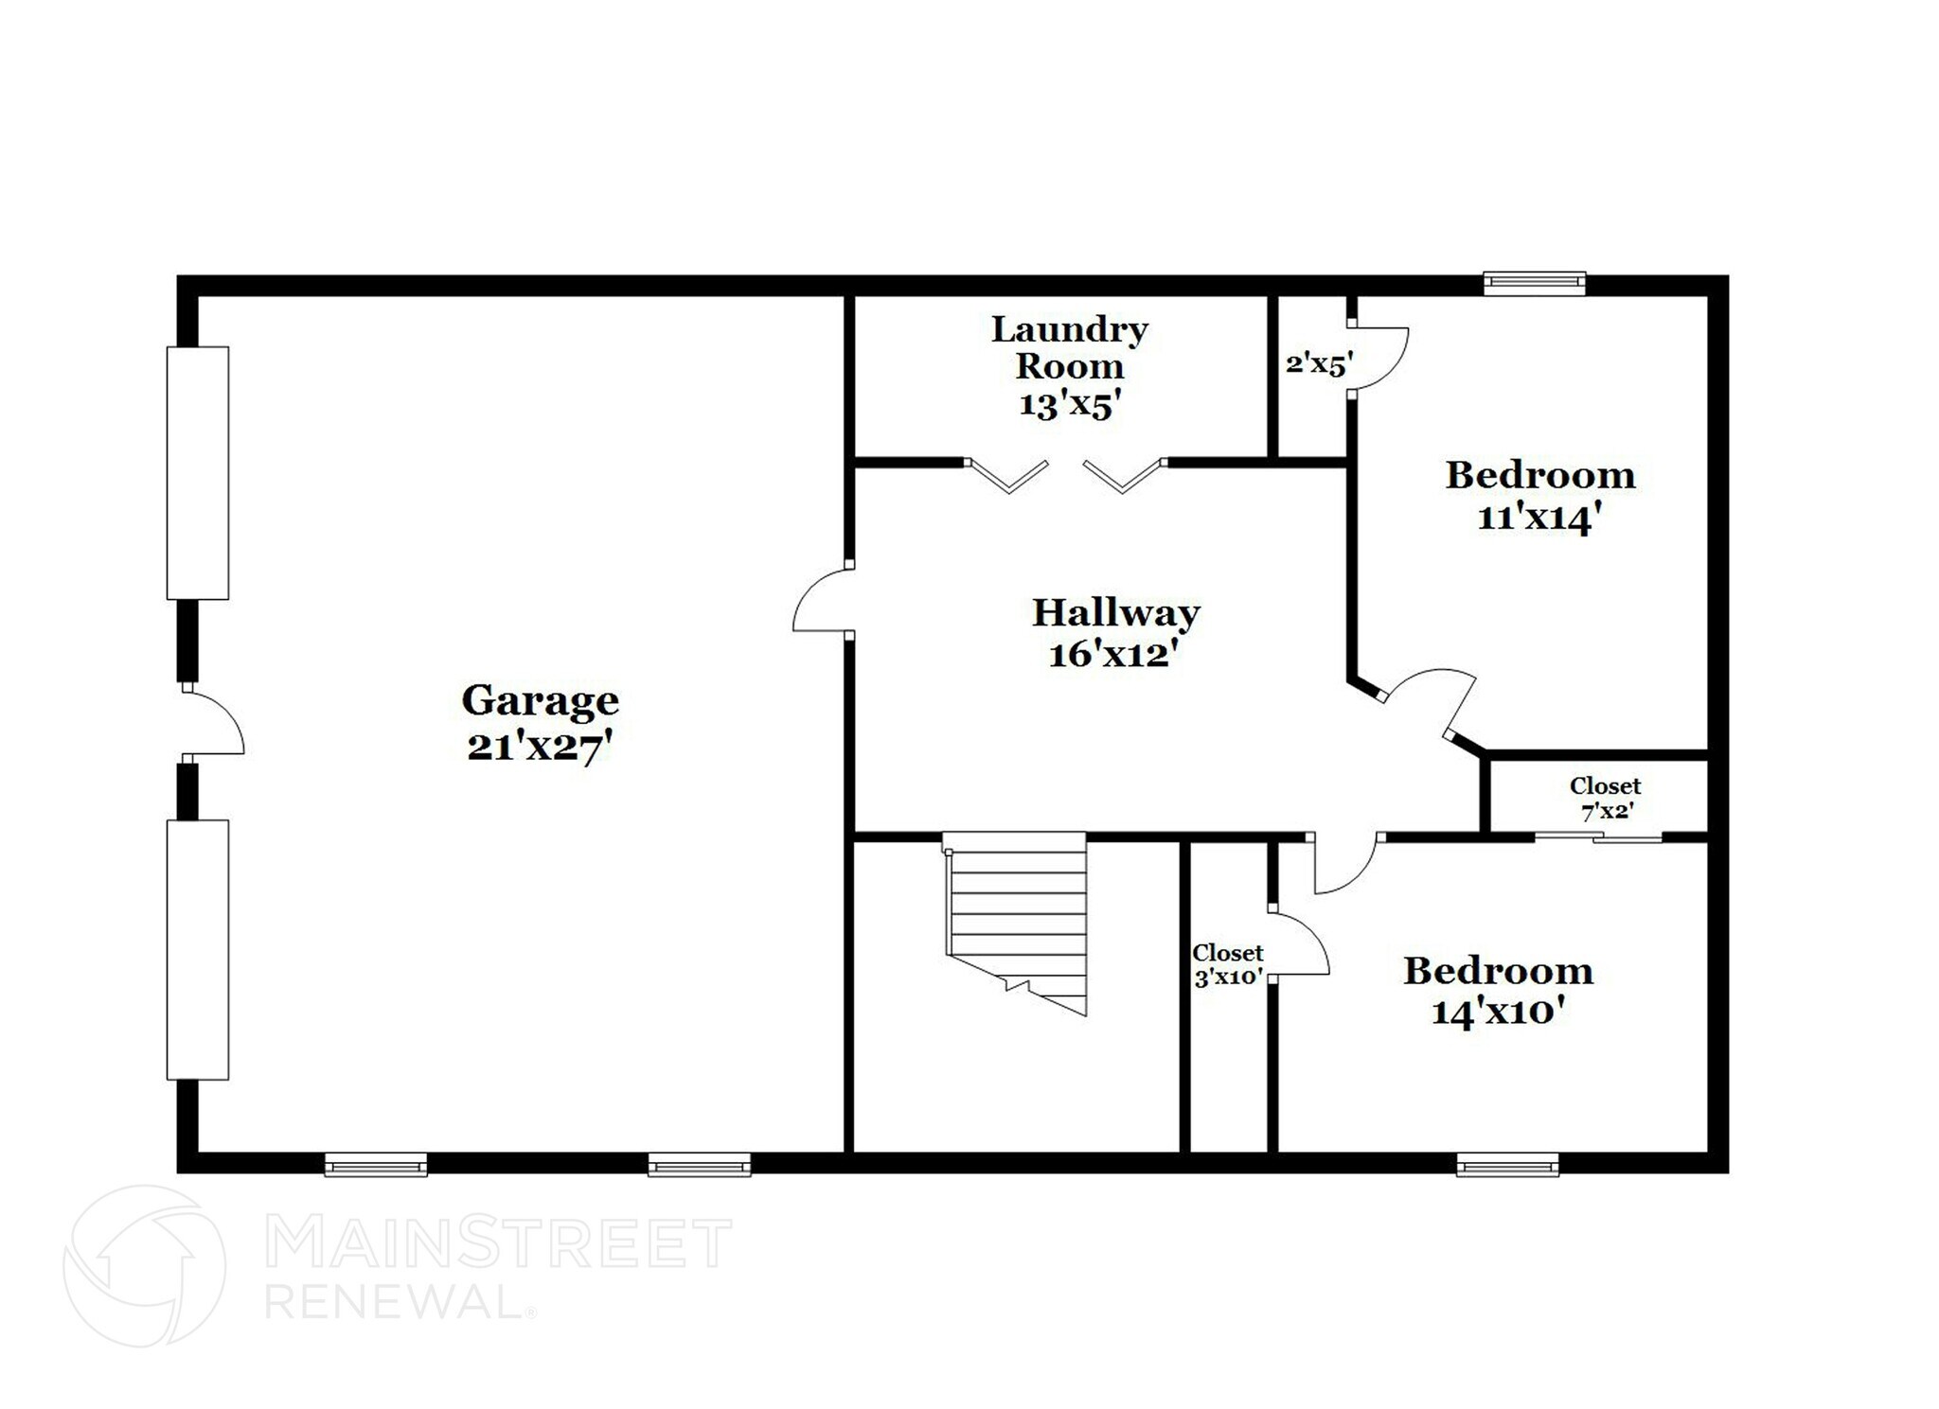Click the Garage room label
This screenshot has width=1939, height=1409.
tap(540, 701)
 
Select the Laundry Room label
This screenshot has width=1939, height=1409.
tap(1070, 347)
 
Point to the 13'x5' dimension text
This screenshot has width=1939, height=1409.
tap(1070, 405)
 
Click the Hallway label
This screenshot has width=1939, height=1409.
tap(1115, 612)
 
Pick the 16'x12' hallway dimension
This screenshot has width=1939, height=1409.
tap(1113, 654)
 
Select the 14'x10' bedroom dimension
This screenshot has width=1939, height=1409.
tap(1497, 1013)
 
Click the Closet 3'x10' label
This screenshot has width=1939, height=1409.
tap(1228, 965)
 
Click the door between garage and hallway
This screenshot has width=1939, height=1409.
tap(821, 600)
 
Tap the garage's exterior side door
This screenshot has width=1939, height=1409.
tap(213, 722)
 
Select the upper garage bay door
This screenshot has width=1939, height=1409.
tap(198, 473)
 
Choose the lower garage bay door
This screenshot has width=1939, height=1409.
tap(198, 949)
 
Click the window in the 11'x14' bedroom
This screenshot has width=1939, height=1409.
tap(1534, 283)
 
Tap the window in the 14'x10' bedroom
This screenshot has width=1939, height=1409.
tap(1507, 1164)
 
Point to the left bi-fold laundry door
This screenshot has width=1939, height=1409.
tap(1008, 475)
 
